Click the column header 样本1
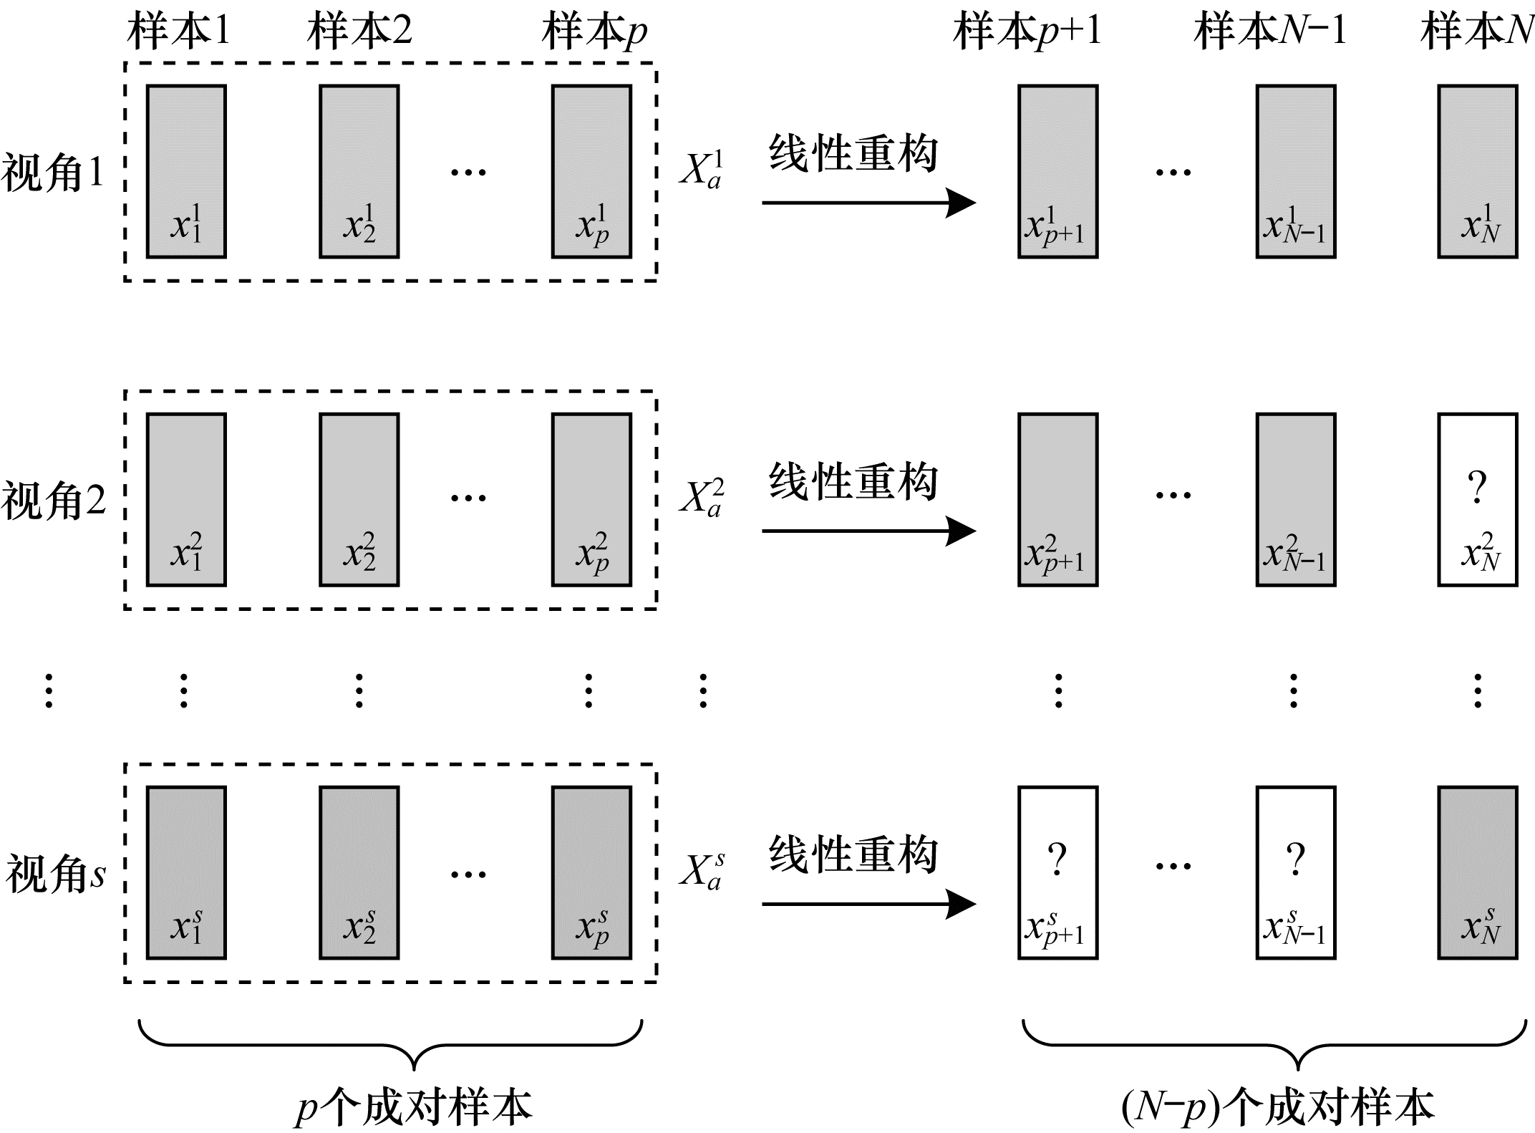click(179, 32)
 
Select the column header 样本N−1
click(1269, 32)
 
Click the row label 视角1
click(53, 173)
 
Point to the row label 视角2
click(53, 501)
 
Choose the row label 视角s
click(56, 874)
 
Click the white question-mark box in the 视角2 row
click(1478, 499)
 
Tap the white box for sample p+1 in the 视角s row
click(1057, 872)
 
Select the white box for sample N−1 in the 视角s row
click(1295, 872)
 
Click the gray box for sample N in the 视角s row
click(1478, 872)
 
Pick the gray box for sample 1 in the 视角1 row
click(186, 171)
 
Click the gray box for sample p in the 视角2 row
click(591, 499)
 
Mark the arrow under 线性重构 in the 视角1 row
click(868, 203)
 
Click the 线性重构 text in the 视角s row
click(853, 855)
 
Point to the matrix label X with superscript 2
click(701, 498)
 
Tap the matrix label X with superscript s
click(701, 871)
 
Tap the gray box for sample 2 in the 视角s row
click(359, 872)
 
